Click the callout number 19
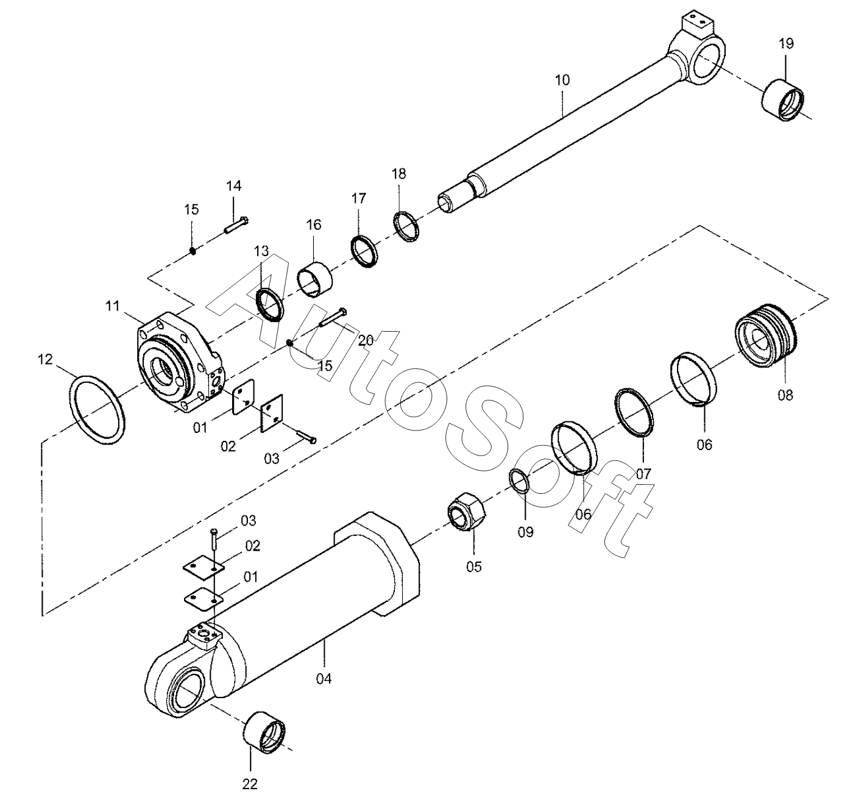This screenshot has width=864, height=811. pyautogui.click(x=786, y=43)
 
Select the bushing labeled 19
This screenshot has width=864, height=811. pyautogui.click(x=784, y=99)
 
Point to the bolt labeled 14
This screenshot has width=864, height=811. pyautogui.click(x=235, y=225)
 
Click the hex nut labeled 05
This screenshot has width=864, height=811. pyautogui.click(x=466, y=509)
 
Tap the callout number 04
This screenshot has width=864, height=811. pyautogui.click(x=324, y=678)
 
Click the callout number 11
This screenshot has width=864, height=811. pyautogui.click(x=112, y=305)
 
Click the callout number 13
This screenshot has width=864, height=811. pyautogui.click(x=261, y=251)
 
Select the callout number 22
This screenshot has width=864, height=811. pyautogui.click(x=250, y=784)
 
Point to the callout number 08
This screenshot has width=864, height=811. pyautogui.click(x=785, y=395)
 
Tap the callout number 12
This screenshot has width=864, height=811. pyautogui.click(x=46, y=360)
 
